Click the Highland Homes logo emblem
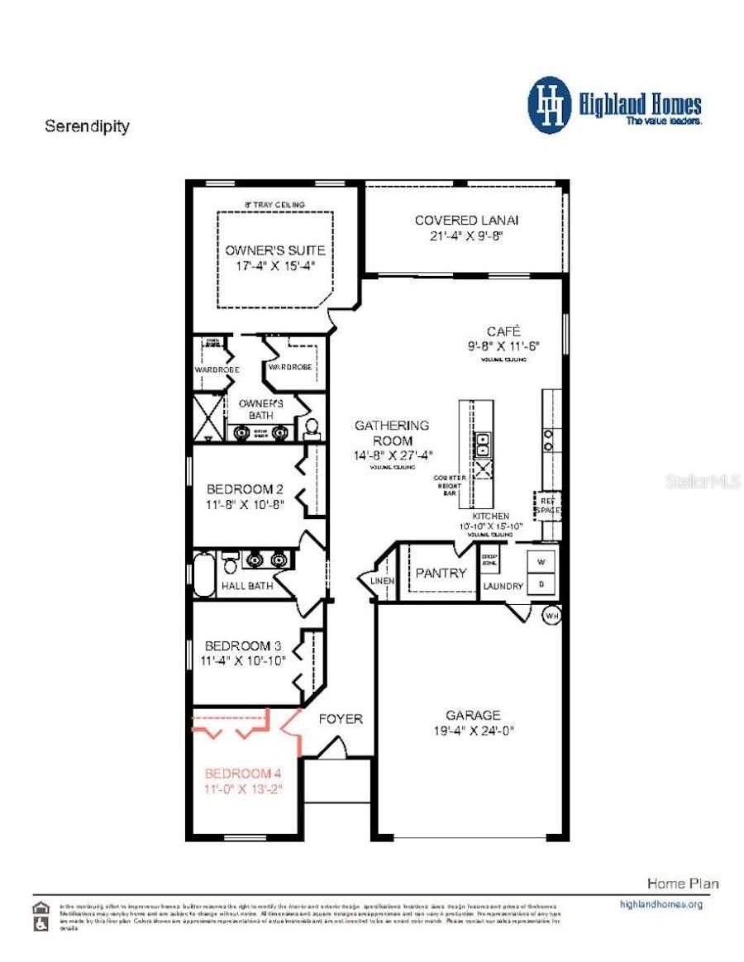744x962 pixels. click(x=549, y=105)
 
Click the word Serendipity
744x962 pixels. click(x=87, y=126)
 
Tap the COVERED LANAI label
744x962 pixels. click(x=467, y=220)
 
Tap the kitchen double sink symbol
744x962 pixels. click(x=482, y=445)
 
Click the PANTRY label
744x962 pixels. click(x=441, y=573)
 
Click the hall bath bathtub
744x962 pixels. click(x=204, y=574)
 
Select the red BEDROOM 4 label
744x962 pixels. click(x=243, y=774)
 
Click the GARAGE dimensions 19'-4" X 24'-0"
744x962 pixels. click(x=473, y=731)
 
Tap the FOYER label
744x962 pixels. click(x=341, y=719)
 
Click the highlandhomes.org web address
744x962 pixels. click(x=661, y=904)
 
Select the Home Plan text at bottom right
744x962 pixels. click(x=682, y=883)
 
